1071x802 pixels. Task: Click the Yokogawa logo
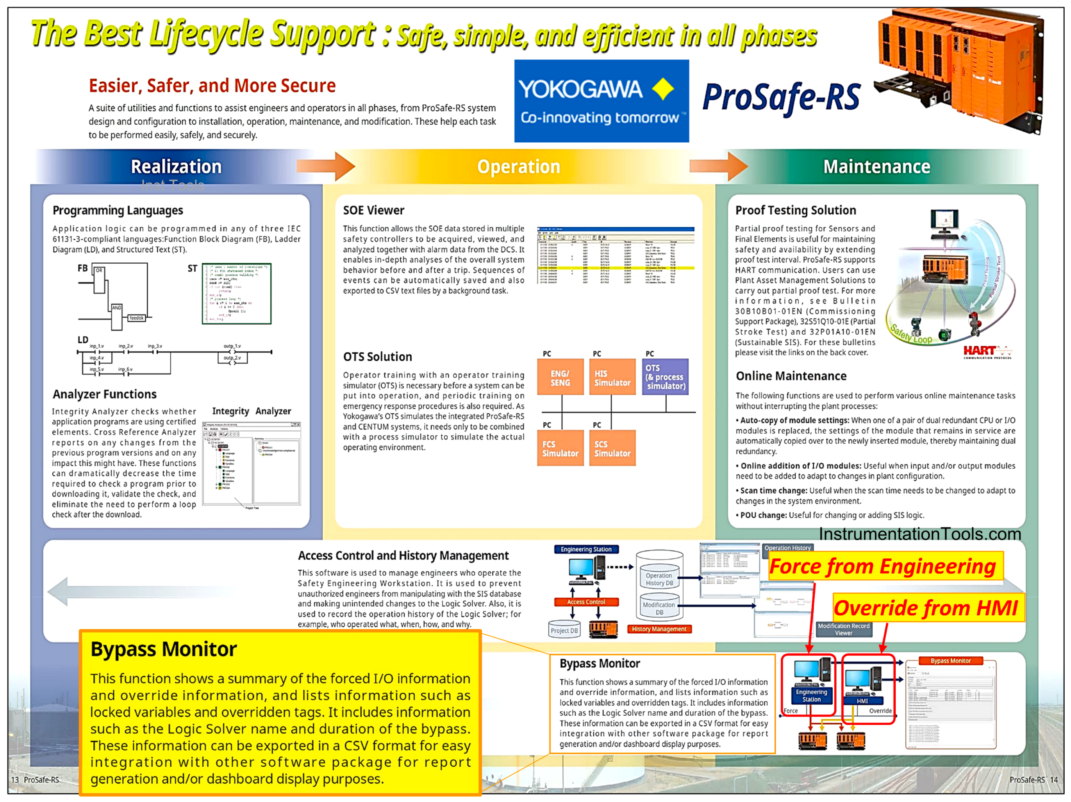(601, 101)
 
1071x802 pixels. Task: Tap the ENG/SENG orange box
(560, 377)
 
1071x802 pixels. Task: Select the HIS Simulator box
(612, 377)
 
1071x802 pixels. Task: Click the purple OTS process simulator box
(665, 377)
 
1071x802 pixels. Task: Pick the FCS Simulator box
(560, 448)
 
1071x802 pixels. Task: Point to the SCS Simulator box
(612, 448)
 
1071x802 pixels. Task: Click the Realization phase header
(176, 167)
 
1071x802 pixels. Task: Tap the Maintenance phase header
(876, 167)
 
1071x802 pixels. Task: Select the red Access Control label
(586, 602)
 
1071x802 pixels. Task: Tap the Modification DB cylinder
(659, 608)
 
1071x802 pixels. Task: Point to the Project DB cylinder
(564, 630)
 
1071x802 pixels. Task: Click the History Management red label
(659, 629)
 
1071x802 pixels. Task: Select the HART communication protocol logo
(986, 352)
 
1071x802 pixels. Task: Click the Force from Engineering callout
(886, 566)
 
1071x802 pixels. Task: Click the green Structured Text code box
(237, 293)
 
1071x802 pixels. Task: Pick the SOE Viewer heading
(373, 210)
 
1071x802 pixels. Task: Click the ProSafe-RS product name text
(781, 98)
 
